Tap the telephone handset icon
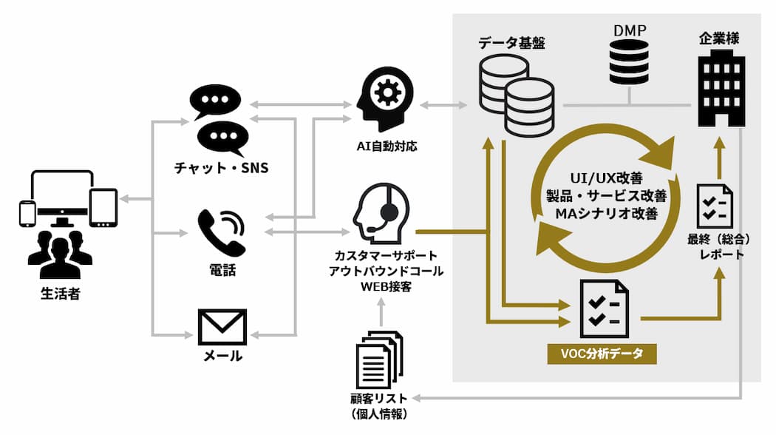click(222, 232)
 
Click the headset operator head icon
click(380, 210)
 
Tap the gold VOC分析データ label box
click(602, 354)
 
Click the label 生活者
click(60, 294)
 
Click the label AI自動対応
click(385, 146)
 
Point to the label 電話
click(222, 271)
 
